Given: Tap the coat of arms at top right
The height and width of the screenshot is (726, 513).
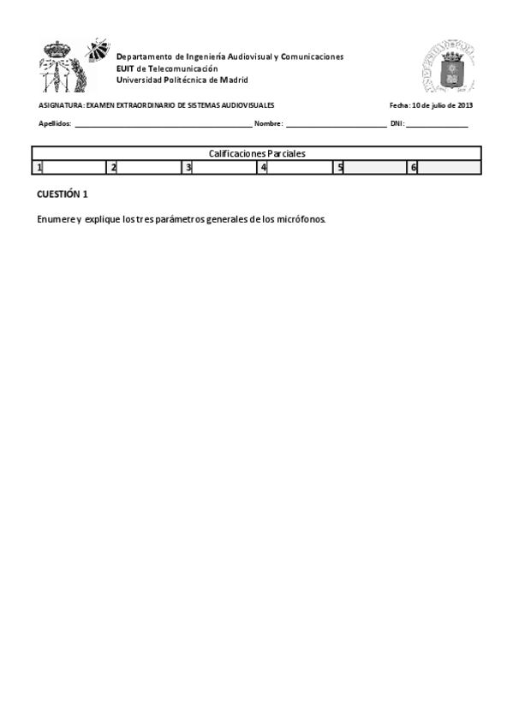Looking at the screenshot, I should pyautogui.click(x=447, y=68).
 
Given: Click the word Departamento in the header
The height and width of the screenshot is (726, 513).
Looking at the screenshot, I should pyautogui.click(x=144, y=57).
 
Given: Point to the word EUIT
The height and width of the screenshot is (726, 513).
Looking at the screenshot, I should pyautogui.click(x=125, y=68).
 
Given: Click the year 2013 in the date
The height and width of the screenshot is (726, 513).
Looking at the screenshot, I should pyautogui.click(x=464, y=105).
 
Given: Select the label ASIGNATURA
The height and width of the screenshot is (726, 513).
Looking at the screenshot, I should pyautogui.click(x=60, y=105).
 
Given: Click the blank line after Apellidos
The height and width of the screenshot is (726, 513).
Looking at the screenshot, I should pyautogui.click(x=163, y=125).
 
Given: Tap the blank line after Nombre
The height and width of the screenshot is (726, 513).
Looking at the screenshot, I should pyautogui.click(x=335, y=125).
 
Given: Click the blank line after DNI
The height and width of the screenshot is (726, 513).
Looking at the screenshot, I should pyautogui.click(x=437, y=125).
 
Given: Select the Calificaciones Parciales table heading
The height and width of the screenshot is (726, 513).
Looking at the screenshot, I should pyautogui.click(x=257, y=153).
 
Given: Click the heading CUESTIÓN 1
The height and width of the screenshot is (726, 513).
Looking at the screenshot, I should pyautogui.click(x=63, y=194).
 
